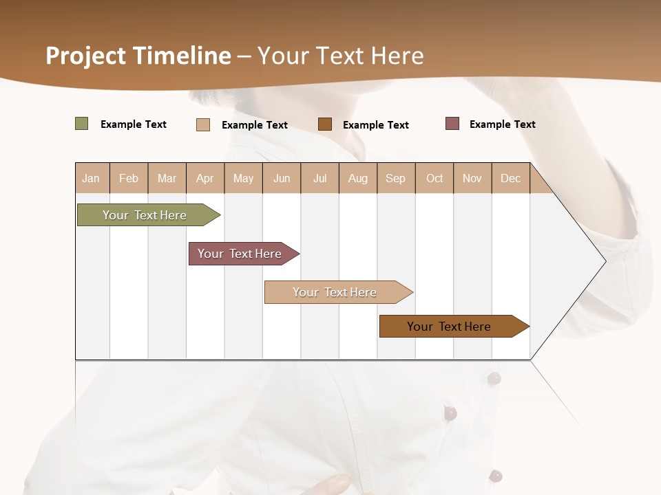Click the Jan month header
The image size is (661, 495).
coord(91,178)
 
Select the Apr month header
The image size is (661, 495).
coord(204,178)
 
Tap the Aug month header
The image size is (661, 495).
coord(357,178)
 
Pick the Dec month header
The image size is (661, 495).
coord(510,178)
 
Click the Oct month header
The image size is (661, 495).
coord(434,178)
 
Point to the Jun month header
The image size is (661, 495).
coord(282,178)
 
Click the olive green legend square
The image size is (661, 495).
coord(82,124)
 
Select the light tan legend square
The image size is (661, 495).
coord(203,124)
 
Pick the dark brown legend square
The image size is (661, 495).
coord(325,124)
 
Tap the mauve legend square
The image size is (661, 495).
coord(452,124)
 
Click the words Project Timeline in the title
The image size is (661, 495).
coord(138,56)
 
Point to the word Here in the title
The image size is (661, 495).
coord(397,56)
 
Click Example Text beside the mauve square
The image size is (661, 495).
coord(502,124)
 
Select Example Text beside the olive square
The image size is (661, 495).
coord(133,124)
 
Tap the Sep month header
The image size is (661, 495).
coord(395,178)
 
